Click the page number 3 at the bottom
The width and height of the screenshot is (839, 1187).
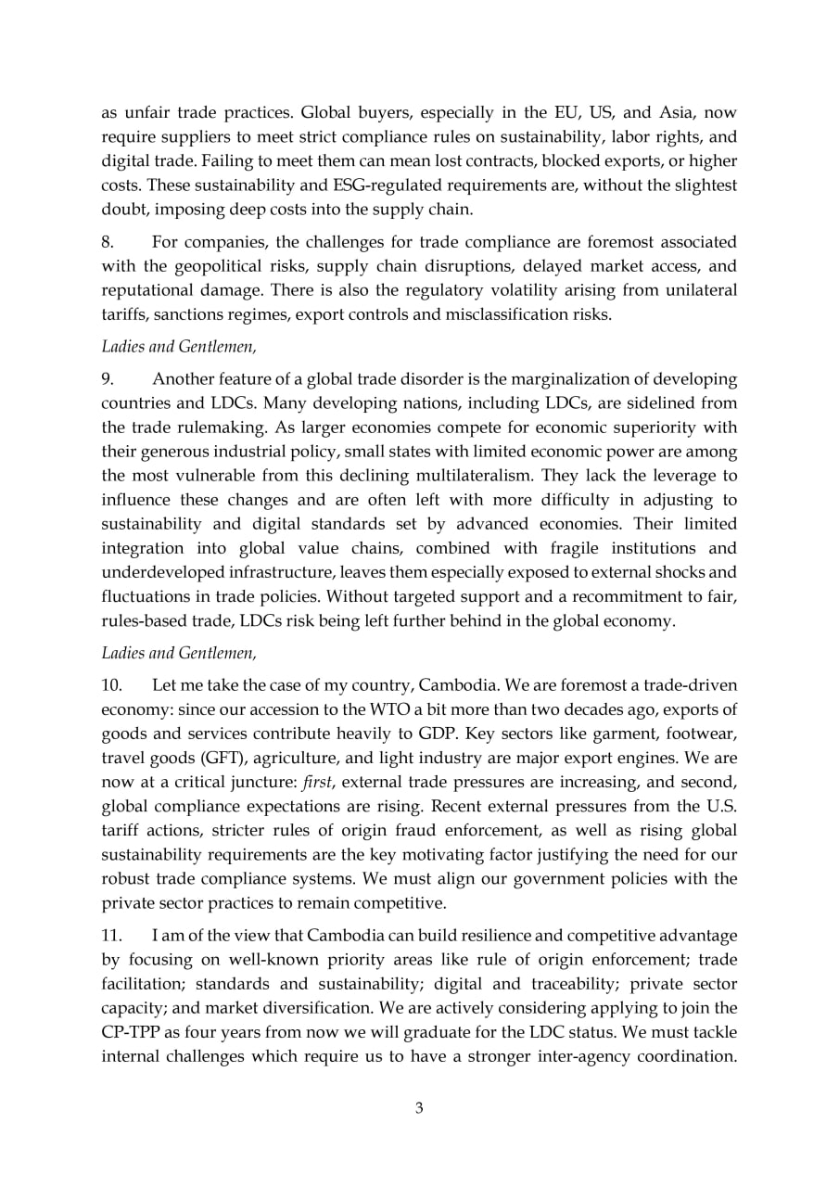coord(419,1107)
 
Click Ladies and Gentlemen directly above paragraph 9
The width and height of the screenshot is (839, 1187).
coord(178,346)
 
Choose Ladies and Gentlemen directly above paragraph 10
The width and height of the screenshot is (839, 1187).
coord(178,652)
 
